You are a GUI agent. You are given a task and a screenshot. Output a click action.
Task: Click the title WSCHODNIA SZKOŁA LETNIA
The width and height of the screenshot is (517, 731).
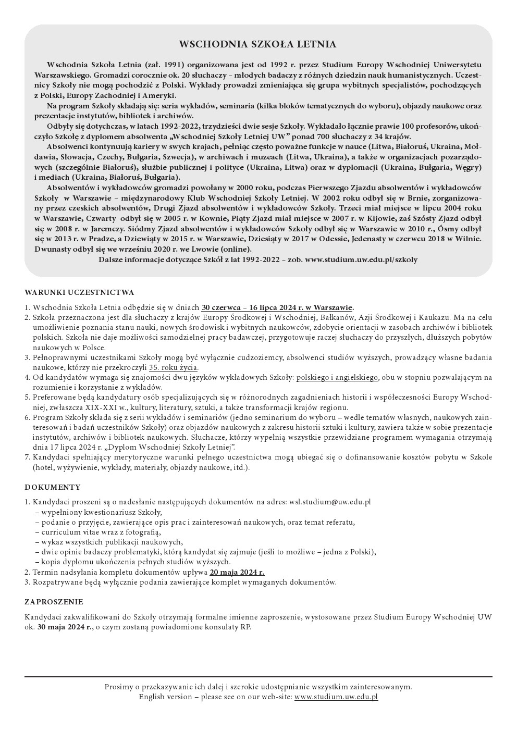(258, 45)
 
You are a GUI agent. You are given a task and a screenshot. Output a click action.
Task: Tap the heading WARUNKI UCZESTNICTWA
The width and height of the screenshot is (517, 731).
(79, 292)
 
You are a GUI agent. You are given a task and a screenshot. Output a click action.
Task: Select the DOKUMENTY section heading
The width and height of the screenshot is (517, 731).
(53, 487)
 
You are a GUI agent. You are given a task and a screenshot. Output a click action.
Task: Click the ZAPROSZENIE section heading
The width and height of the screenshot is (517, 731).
(54, 602)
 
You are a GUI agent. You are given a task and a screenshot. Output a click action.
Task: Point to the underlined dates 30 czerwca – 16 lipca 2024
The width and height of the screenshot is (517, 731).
(277, 307)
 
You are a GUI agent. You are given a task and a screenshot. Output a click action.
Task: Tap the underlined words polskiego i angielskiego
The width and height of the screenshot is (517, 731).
(337, 377)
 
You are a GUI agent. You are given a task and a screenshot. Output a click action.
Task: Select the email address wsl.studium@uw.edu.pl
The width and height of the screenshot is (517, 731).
(329, 502)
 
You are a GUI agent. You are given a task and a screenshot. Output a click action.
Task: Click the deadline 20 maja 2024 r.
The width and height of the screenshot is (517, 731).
(237, 572)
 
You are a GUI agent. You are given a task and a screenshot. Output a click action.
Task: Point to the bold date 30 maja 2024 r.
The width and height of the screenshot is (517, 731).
(65, 627)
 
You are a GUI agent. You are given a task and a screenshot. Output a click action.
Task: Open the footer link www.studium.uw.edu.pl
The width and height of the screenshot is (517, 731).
(336, 697)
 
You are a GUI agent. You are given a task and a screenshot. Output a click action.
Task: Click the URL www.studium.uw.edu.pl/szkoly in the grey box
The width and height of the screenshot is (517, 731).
(361, 259)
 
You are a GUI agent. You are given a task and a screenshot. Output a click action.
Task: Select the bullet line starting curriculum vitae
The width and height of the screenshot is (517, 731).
(98, 532)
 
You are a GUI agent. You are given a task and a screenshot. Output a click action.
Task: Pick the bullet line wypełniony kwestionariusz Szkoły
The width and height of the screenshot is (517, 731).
(98, 512)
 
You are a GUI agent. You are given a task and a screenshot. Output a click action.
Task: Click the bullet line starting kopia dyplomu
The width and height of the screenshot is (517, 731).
(133, 562)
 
